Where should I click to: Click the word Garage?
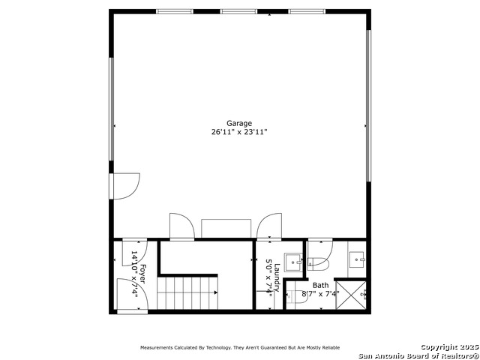239,123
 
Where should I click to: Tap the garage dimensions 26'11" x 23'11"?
239,132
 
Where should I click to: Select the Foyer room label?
142,274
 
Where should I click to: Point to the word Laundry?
277,277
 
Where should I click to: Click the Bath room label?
320,285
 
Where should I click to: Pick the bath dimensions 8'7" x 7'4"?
320,294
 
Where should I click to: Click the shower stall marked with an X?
351,295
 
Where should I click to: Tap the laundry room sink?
293,262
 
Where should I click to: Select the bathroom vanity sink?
357,259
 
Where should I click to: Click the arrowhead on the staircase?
216,292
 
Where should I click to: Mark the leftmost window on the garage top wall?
175,12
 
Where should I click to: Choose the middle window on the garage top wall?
238,12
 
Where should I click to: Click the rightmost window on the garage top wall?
307,12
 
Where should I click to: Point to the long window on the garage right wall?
368,106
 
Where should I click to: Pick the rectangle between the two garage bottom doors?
226,228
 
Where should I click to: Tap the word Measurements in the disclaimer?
157,348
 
